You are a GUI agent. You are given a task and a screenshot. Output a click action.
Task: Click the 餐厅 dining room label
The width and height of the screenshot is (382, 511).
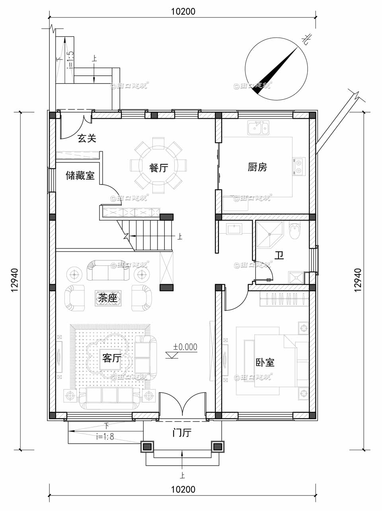click(x=158, y=168)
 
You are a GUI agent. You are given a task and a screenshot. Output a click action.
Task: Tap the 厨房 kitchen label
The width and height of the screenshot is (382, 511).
click(x=257, y=167)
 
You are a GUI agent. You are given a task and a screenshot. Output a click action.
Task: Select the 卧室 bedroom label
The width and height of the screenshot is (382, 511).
click(x=265, y=363)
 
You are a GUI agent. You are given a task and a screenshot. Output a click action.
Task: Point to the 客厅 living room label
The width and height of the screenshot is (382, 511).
click(x=111, y=358)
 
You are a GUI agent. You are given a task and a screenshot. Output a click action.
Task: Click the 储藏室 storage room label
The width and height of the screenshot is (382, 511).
click(x=80, y=176)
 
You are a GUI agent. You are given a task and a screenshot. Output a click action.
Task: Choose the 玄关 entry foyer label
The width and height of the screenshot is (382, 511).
click(x=87, y=138)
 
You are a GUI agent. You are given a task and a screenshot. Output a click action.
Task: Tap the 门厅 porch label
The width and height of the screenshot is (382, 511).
click(x=182, y=433)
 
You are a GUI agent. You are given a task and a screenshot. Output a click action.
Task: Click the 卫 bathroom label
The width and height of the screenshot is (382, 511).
click(x=280, y=255)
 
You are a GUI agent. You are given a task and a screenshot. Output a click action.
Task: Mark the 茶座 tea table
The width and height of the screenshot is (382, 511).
click(x=109, y=298)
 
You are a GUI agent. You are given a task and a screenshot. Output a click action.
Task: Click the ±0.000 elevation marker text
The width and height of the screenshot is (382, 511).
click(x=185, y=347)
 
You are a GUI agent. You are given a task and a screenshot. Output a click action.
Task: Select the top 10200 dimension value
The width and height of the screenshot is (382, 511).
click(x=183, y=12)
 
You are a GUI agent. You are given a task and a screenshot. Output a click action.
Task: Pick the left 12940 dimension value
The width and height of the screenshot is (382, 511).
click(x=15, y=281)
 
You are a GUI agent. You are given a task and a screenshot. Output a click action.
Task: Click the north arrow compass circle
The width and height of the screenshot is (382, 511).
click(x=276, y=69)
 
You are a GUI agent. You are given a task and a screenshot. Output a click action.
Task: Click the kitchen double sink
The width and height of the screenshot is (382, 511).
click(x=258, y=129)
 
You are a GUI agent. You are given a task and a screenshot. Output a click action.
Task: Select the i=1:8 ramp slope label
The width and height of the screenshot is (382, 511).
click(x=105, y=437)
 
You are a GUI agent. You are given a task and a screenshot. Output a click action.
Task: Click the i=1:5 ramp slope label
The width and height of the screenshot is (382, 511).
click(x=70, y=60)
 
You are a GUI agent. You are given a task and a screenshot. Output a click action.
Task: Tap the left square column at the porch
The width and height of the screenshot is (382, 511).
click(x=147, y=447)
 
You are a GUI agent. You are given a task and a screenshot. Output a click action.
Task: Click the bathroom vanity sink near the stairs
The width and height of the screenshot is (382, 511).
click(x=234, y=229)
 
